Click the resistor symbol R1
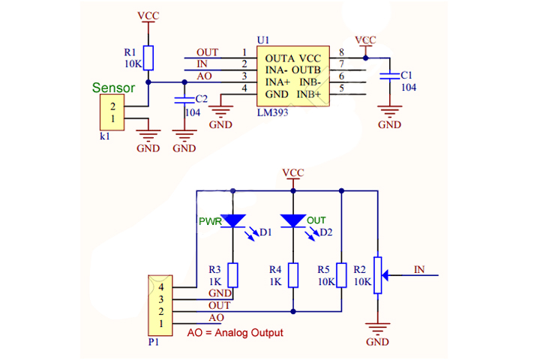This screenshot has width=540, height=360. coord(148,58)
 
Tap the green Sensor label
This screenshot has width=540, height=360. coord(113,88)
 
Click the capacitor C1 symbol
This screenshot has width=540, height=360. coord(389,75)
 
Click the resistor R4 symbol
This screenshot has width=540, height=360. coord(292,275)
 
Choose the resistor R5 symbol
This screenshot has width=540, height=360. coord(341,275)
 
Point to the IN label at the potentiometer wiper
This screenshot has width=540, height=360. coord(419,268)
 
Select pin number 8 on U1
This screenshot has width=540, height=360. coord(341,52)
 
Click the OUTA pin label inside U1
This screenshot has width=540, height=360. coord(274,58)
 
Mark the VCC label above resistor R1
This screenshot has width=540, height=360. coord(148,15)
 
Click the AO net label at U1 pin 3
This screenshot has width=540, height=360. coord(204,76)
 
